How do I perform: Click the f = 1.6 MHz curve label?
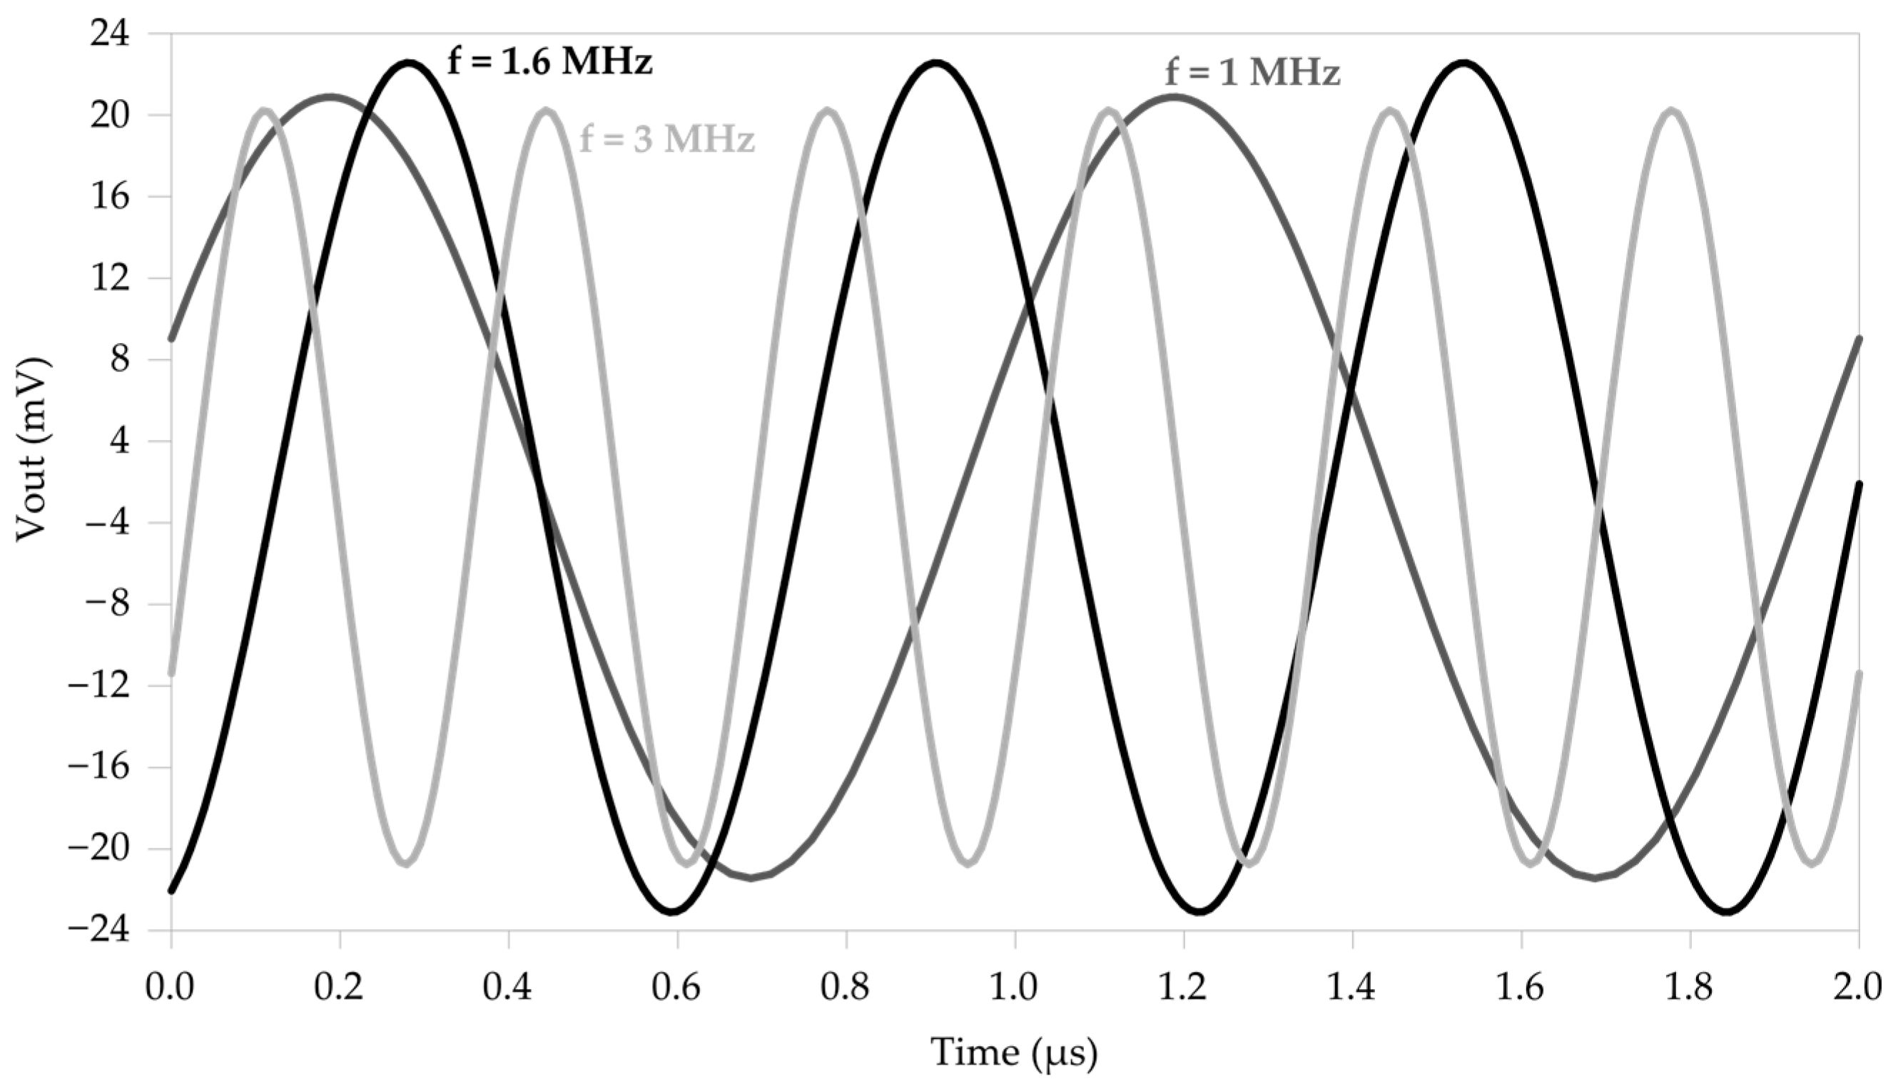(549, 62)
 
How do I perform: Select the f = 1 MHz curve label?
(1252, 74)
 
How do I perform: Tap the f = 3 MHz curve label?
(667, 140)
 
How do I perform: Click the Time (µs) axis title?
(1013, 1053)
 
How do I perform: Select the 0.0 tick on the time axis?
(170, 988)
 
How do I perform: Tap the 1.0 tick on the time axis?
(1014, 988)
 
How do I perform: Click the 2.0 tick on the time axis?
(1858, 988)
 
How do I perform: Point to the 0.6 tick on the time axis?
(677, 988)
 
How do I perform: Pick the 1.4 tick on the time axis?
(1352, 988)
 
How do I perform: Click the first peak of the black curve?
(408, 63)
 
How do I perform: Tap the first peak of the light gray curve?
(265, 111)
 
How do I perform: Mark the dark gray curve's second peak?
(1174, 96)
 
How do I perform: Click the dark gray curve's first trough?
(752, 877)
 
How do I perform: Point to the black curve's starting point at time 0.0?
(171, 891)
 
